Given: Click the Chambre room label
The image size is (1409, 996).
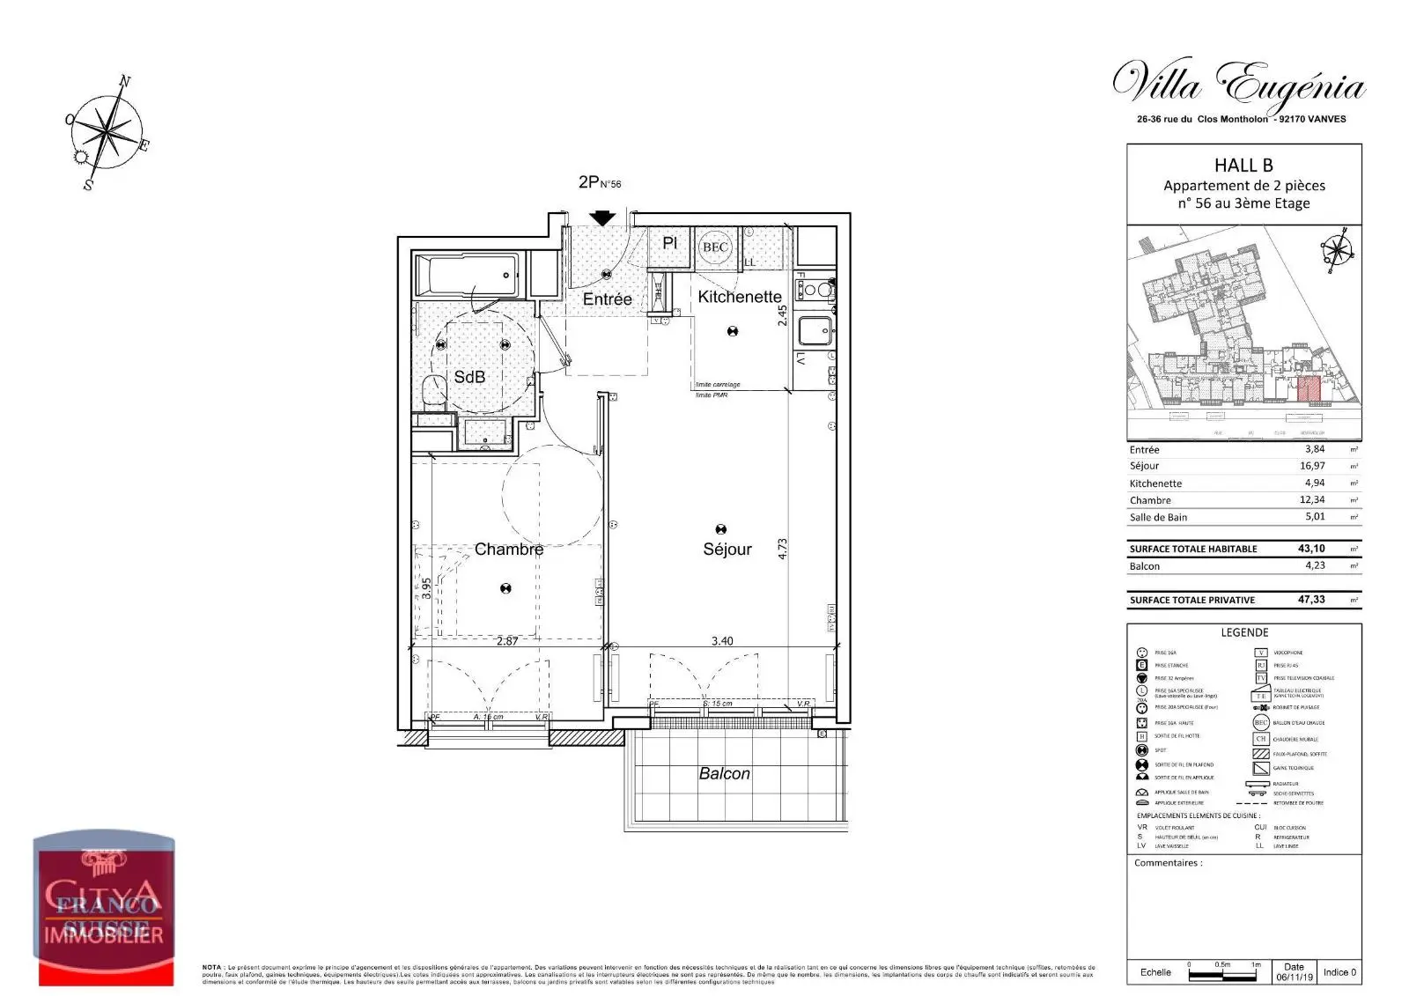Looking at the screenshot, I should pyautogui.click(x=508, y=549).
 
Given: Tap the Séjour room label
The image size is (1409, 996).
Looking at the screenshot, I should pyautogui.click(x=727, y=549).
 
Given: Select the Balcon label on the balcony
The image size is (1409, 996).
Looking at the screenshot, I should pyautogui.click(x=724, y=773).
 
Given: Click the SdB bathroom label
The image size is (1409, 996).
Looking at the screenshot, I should pyautogui.click(x=469, y=377).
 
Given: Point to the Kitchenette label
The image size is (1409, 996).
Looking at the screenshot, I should pyautogui.click(x=739, y=297).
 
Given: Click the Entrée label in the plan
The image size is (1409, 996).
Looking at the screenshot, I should pyautogui.click(x=607, y=299).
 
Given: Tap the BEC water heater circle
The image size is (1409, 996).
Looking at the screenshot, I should pyautogui.click(x=715, y=247).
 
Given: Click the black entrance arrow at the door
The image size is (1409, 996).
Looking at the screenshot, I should pyautogui.click(x=602, y=218).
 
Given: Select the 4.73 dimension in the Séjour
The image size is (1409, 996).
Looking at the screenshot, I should pyautogui.click(x=782, y=549).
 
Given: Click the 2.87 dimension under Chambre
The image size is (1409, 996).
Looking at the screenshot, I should pyautogui.click(x=507, y=641).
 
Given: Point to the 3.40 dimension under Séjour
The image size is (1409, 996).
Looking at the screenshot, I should pyautogui.click(x=721, y=641).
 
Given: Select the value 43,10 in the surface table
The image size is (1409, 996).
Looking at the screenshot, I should pyautogui.click(x=1311, y=549).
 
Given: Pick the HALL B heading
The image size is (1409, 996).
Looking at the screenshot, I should pyautogui.click(x=1243, y=165).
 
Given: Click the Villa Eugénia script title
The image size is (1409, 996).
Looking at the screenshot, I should pyautogui.click(x=1239, y=86).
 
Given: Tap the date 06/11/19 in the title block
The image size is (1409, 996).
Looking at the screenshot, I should pyautogui.click(x=1294, y=977).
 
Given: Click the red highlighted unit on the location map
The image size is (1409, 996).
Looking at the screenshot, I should pyautogui.click(x=1309, y=388).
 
